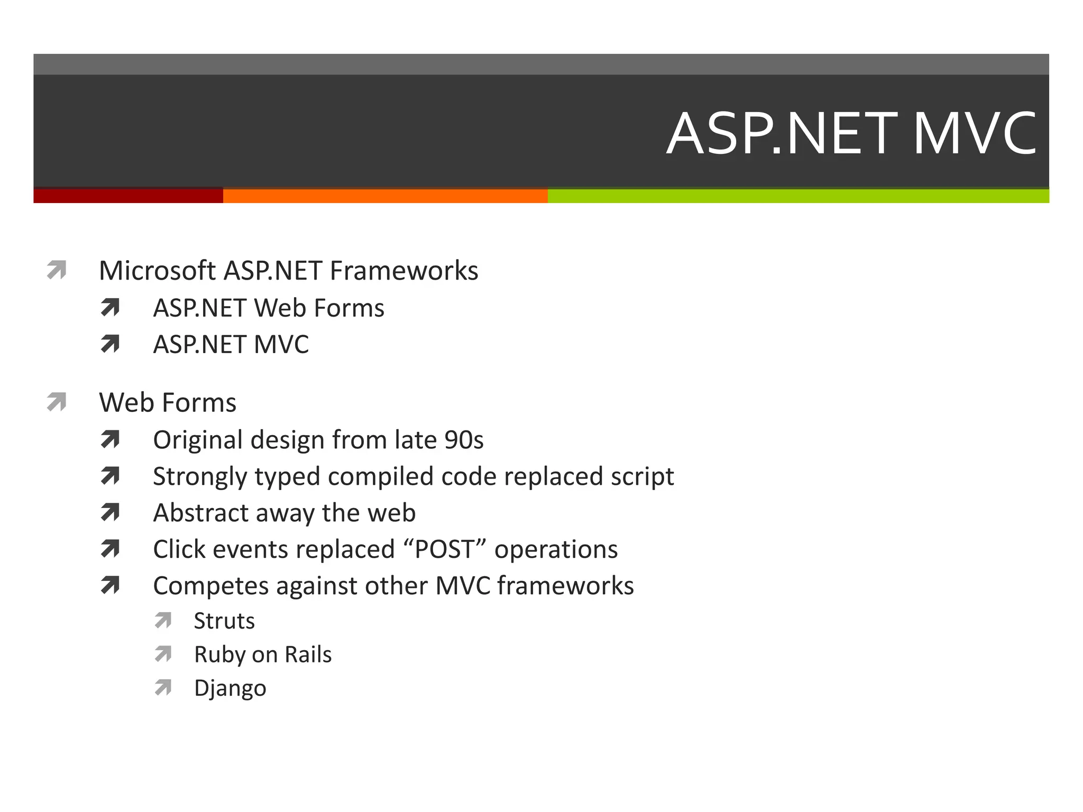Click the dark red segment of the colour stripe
[128, 196]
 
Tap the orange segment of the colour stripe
[385, 196]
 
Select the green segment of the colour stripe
[798, 196]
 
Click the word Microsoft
[157, 271]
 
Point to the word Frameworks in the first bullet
[404, 271]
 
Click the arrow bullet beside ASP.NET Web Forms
[110, 308]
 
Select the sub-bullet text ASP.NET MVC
[231, 345]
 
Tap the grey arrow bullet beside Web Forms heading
[57, 402]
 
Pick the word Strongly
[200, 477]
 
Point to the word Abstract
[200, 513]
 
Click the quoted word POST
[444, 549]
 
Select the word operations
[556, 549]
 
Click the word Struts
[224, 621]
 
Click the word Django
[230, 688]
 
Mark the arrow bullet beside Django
[163, 687]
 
